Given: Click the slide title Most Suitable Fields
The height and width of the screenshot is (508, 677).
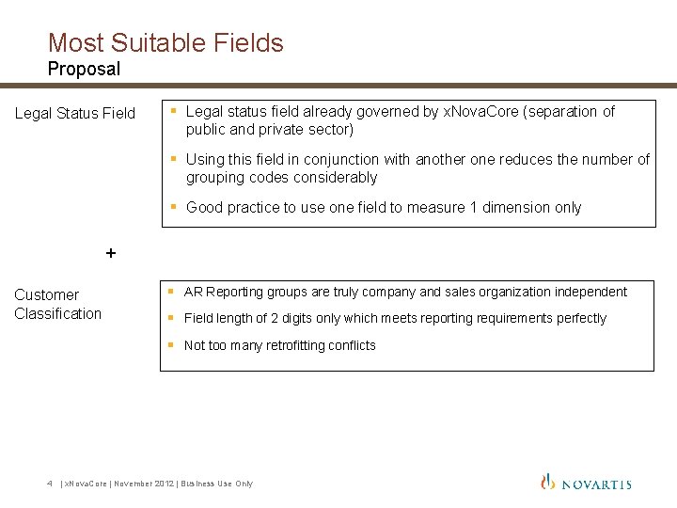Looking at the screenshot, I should click(165, 42).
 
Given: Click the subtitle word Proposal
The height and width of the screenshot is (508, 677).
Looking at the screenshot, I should click(84, 69).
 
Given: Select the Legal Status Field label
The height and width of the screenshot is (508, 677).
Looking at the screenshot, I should click(75, 114).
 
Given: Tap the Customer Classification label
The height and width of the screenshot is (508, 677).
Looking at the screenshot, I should click(57, 304).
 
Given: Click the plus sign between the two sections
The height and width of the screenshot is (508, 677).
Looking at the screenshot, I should click(111, 252).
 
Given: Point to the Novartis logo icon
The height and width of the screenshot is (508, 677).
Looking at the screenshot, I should click(548, 482).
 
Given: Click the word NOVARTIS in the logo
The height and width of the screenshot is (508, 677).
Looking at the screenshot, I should click(596, 484).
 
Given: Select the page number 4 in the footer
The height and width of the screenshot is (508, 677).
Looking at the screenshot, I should click(49, 484).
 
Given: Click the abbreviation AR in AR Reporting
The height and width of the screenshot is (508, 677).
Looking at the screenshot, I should click(193, 292).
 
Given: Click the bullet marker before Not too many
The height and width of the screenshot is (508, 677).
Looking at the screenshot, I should click(171, 344).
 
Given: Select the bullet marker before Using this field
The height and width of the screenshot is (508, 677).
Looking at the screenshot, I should click(173, 159).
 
